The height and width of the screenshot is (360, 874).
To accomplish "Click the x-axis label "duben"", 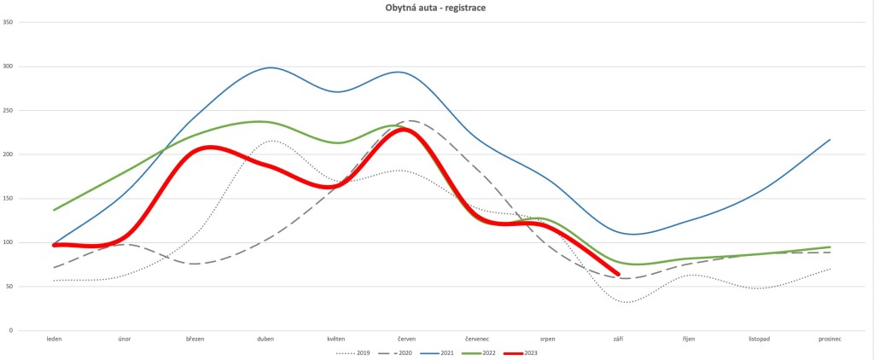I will pyautogui.click(x=266, y=339).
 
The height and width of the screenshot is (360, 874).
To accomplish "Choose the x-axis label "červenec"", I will pyautogui.click(x=477, y=339).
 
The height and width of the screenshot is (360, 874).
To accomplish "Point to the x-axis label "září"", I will pyautogui.click(x=618, y=339).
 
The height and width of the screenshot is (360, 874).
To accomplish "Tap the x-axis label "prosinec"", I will pyautogui.click(x=830, y=339).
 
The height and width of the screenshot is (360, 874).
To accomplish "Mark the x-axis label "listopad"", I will pyautogui.click(x=759, y=339).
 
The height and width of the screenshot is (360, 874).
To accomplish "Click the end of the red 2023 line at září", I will pyautogui.click(x=618, y=274).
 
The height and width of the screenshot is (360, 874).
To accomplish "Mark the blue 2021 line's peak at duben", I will pyautogui.click(x=271, y=67).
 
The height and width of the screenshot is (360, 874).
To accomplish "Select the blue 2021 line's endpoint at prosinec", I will pyautogui.click(x=830, y=139).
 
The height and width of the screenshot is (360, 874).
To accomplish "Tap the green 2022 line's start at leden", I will pyautogui.click(x=55, y=210).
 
